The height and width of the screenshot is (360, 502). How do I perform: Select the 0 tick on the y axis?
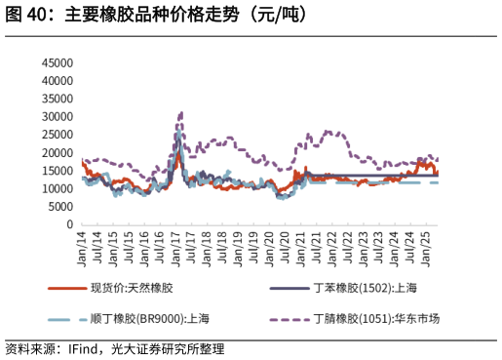[70, 224]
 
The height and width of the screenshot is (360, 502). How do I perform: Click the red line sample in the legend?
[64, 288]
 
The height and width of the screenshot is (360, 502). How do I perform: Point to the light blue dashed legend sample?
[64, 319]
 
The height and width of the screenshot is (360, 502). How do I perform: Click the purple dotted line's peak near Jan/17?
[180, 113]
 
